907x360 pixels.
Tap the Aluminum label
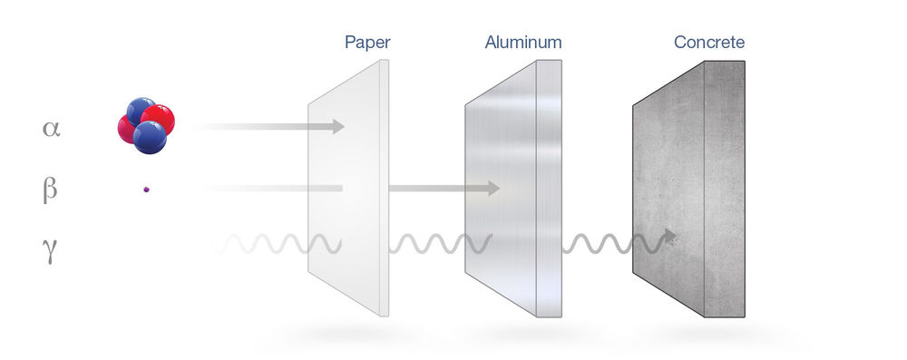pos(523,42)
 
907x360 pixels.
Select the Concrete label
pos(709,42)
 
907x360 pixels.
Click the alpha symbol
pos(51,128)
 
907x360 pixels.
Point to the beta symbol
pos(51,188)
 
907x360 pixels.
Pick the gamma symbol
pos(51,248)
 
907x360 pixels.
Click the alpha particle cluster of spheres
pos(145,124)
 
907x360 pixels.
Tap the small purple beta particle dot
pos(146,190)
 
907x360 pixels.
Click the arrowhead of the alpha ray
pos(338,126)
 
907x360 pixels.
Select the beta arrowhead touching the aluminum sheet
pos(493,188)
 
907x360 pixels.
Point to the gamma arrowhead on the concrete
pos(670,237)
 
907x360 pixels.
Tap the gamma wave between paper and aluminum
pos(440,244)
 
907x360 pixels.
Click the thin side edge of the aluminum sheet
pos(551,190)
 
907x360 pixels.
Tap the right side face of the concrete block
pos(725,190)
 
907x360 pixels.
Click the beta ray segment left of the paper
pos(272,189)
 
